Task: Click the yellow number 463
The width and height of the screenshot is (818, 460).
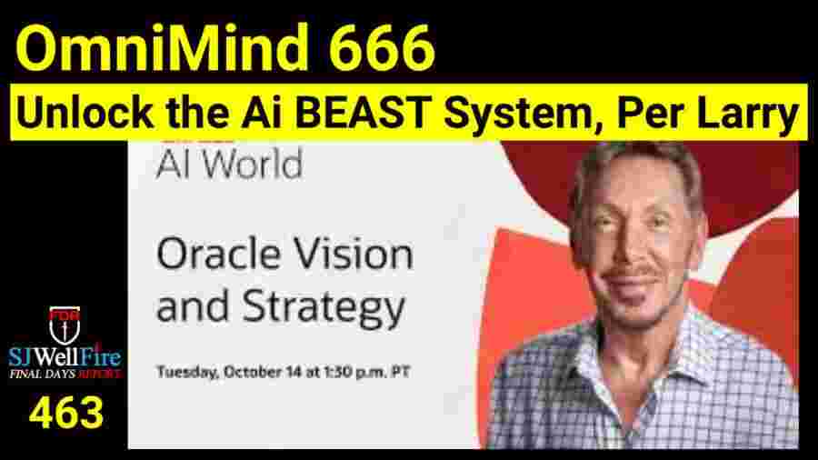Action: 65,414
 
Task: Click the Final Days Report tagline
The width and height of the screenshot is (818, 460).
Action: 64,372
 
